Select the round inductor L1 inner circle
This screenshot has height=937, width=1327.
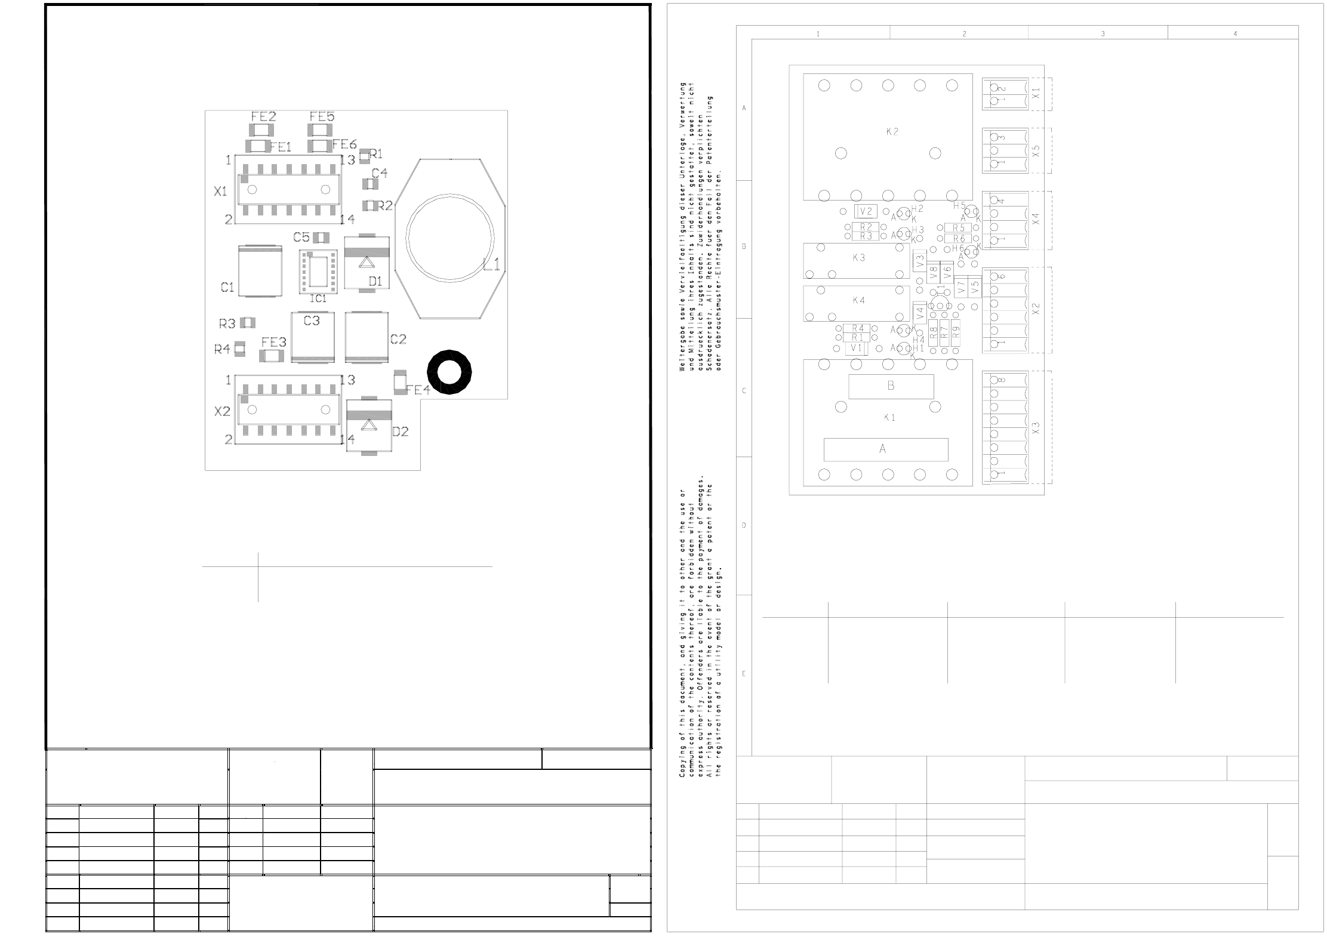point(449,237)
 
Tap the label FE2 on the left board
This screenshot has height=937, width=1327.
point(263,116)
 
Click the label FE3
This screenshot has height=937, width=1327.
point(273,342)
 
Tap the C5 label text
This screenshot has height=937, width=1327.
point(301,237)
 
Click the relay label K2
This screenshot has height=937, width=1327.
point(892,132)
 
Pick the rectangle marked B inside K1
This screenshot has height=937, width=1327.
point(891,386)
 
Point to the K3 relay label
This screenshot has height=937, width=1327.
point(858,258)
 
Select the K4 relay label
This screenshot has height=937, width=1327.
point(858,301)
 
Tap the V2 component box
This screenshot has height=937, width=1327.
point(866,211)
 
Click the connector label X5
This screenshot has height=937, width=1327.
point(1036,151)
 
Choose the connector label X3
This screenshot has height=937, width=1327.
point(1036,428)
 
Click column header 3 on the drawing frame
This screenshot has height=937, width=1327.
point(1103,34)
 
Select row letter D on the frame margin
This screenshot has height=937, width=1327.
point(744,526)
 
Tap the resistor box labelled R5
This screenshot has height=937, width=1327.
point(958,228)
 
